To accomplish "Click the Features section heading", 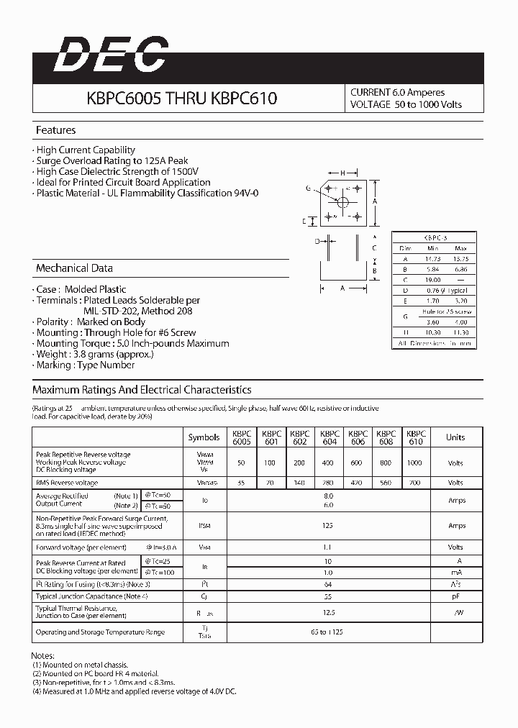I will point(56,130).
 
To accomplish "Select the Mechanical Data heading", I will point(74,268).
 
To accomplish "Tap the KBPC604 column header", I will point(330,437).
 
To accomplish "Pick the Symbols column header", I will point(204,437).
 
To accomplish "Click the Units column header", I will point(455,437).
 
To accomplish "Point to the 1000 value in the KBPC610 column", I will point(414,463).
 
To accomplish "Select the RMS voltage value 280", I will point(330,483).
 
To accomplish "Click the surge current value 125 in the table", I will point(329,526).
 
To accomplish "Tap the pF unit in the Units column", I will point(455,596).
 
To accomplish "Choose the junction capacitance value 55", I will point(329,596).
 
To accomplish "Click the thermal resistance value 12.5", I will point(329,613).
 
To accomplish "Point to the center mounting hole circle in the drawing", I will point(343,202).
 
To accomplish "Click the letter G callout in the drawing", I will point(308,188).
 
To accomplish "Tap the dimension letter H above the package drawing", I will point(344,173).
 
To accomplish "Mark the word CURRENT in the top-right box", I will point(370,93).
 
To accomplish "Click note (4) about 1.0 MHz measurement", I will point(135,691).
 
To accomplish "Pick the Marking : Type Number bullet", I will point(85,365).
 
